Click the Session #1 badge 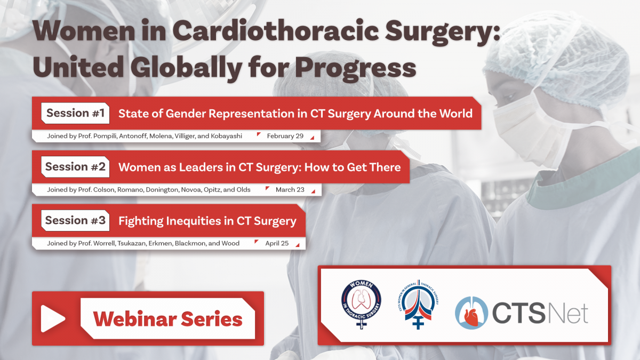(75, 113)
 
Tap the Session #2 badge (75, 167)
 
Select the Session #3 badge (75, 221)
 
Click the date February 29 (285, 136)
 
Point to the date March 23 (290, 190)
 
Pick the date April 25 (277, 243)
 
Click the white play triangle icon (53, 318)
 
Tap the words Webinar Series (167, 319)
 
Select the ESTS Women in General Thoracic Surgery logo (418, 305)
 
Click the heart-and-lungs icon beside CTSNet (471, 313)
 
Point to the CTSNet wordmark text (540, 313)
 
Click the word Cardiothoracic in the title (276, 31)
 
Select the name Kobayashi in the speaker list (226, 136)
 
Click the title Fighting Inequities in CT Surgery (207, 221)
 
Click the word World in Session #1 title (455, 114)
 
